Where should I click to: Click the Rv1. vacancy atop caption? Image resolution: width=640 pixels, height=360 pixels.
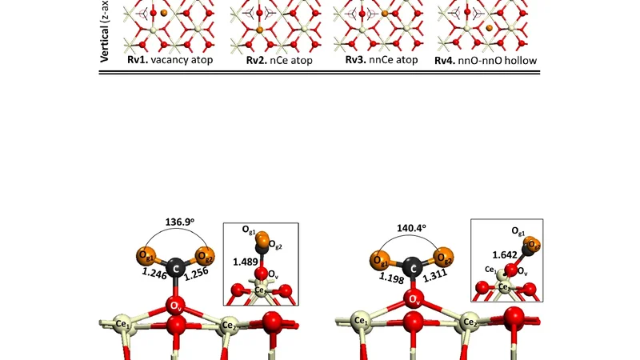tap(170, 60)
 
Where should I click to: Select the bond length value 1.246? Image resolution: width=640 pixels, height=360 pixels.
tap(155, 273)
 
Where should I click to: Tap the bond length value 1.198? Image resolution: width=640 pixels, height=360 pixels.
tap(392, 277)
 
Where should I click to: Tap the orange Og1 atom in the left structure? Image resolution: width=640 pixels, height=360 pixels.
tap(146, 257)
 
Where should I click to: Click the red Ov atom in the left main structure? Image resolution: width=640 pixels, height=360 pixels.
tap(176, 305)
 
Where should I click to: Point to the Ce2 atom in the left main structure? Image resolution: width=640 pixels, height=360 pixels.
tap(229, 326)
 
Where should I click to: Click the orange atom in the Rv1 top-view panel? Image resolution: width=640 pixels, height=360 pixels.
tap(163, 14)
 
